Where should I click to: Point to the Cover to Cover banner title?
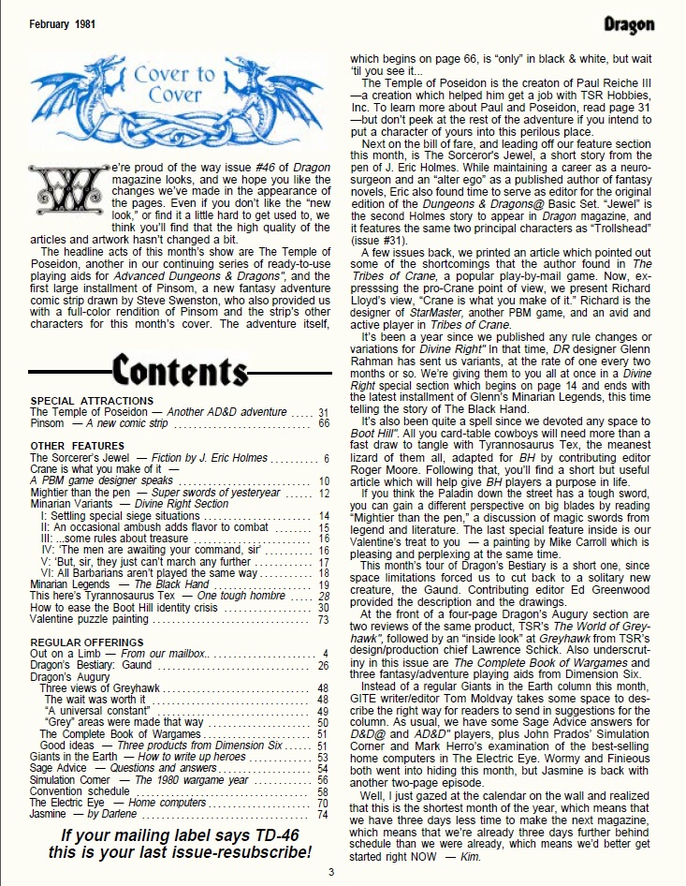(173, 83)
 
